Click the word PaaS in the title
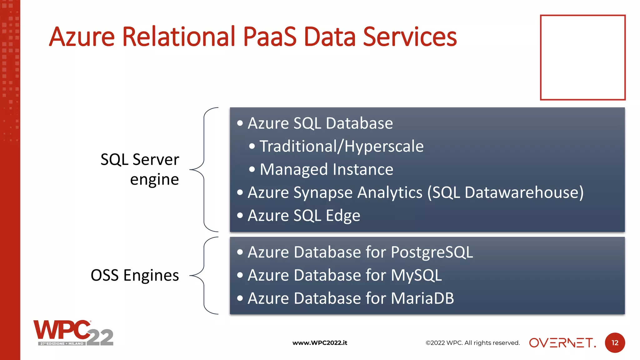[x=269, y=37]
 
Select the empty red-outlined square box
[x=582, y=57]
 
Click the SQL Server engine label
[x=140, y=169]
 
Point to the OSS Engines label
[x=135, y=275]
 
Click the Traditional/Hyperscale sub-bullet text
[x=341, y=146]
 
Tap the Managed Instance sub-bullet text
[x=326, y=169]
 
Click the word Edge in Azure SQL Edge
[x=343, y=216]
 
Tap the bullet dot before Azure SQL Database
[x=240, y=123]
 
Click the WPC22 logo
[x=73, y=333]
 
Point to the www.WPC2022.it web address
[x=320, y=343]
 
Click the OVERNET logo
[x=562, y=343]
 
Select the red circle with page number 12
[x=615, y=343]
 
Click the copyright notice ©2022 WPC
[x=472, y=343]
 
